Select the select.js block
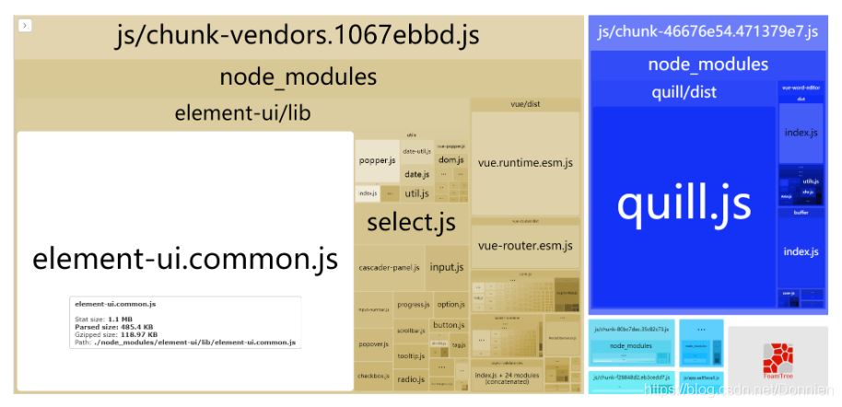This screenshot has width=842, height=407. [x=411, y=222]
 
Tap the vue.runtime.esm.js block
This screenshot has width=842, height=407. [x=525, y=163]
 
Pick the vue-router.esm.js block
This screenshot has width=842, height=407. [x=525, y=246]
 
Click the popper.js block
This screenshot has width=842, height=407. [x=377, y=160]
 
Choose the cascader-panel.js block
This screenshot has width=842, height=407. [x=389, y=267]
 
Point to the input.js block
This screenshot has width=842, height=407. [x=446, y=267]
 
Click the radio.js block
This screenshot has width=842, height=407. [x=410, y=378]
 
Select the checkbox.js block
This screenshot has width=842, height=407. [x=373, y=376]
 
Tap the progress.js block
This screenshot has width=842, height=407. [x=414, y=304]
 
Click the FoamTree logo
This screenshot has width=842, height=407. [x=778, y=359]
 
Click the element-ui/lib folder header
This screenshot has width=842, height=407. [x=241, y=114]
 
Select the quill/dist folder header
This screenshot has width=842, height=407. [x=684, y=92]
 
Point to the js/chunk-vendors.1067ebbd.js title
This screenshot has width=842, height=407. [x=298, y=37]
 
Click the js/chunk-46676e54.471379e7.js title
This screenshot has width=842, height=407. [x=708, y=32]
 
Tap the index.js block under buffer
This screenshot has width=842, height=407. [x=801, y=251]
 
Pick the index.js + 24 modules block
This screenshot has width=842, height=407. [x=507, y=378]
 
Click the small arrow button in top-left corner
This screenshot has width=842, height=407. [x=25, y=26]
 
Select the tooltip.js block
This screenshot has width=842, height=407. [x=411, y=355]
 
